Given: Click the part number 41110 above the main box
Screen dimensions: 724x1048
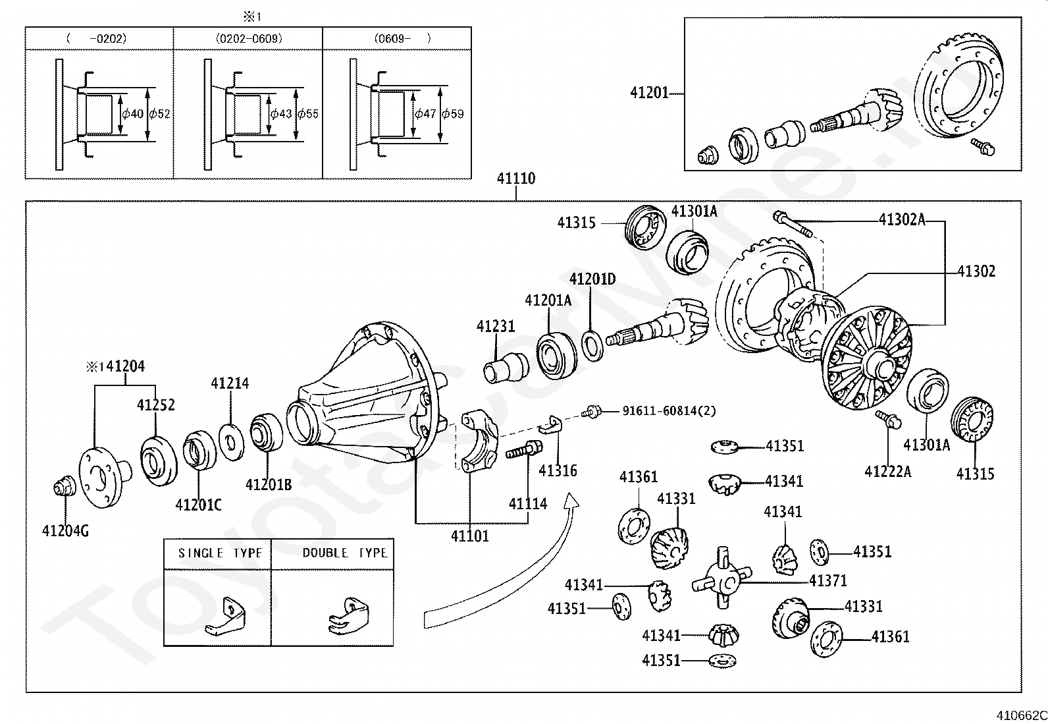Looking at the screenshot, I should (x=516, y=179).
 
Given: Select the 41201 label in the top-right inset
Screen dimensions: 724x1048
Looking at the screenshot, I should (x=649, y=93).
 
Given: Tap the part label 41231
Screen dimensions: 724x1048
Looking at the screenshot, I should (x=496, y=326).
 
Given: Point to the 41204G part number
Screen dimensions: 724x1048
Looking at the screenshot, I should (x=65, y=530).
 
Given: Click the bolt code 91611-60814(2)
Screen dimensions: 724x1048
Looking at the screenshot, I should (x=669, y=411).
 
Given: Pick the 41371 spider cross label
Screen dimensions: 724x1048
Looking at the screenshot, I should (x=827, y=580).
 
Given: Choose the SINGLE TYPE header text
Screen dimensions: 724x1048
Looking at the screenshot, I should (x=220, y=553).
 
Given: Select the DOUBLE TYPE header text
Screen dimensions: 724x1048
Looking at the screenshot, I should (x=344, y=553).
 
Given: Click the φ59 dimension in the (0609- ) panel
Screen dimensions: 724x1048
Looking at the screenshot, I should (x=453, y=113).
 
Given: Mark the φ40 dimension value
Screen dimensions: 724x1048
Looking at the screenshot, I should (x=132, y=113).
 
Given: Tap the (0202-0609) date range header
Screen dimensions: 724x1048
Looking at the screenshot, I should (x=249, y=38).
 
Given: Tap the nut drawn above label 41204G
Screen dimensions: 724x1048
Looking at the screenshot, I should (x=63, y=489).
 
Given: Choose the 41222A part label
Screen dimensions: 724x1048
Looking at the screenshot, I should (x=887, y=471).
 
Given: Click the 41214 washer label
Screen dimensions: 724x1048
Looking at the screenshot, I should (x=230, y=383).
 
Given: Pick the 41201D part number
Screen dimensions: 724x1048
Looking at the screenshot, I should (x=592, y=279).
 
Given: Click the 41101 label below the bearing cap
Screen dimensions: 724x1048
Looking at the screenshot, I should (x=470, y=536).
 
